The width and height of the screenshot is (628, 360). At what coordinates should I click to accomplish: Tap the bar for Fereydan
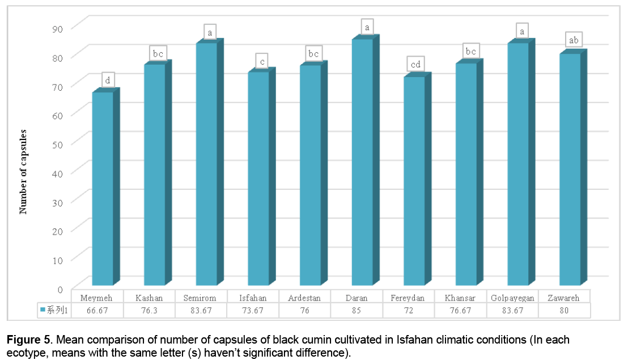coord(414,181)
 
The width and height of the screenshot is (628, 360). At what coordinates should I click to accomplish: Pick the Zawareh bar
coord(570,170)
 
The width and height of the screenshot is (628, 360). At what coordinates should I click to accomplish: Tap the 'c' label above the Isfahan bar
coord(261,61)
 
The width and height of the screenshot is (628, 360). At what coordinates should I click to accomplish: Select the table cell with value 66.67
coord(97,311)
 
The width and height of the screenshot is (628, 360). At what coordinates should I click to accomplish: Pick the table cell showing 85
coord(357,311)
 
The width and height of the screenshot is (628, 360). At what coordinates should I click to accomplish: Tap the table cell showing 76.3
coord(148,311)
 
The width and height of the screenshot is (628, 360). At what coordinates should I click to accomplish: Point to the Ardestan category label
coord(304,298)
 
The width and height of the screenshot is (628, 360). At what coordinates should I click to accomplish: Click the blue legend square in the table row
coord(43,311)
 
